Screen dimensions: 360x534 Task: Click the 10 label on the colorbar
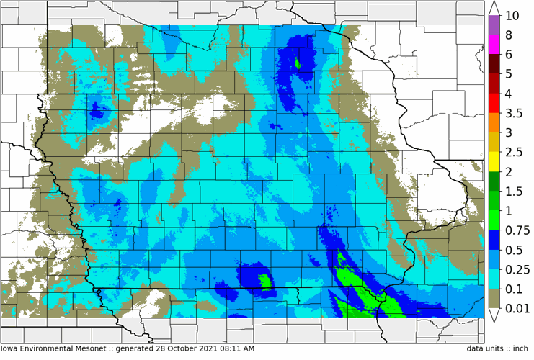(x=513, y=16)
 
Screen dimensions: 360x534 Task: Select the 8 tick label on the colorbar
(x=509, y=35)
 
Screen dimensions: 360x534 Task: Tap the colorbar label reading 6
(x=509, y=55)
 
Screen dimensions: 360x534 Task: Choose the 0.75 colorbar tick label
(x=517, y=230)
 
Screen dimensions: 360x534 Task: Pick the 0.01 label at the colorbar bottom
(x=517, y=308)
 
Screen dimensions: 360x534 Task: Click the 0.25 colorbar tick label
(x=517, y=269)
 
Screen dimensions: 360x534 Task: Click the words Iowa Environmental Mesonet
(x=55, y=348)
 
